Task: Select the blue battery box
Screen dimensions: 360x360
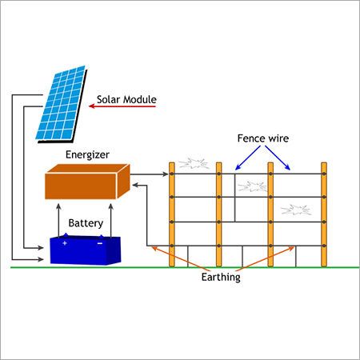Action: [84, 250]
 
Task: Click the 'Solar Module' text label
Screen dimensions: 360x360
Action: [126, 102]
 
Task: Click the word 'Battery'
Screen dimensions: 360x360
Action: [86, 222]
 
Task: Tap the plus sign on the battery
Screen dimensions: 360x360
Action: [65, 242]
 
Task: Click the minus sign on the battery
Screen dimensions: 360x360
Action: [99, 242]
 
